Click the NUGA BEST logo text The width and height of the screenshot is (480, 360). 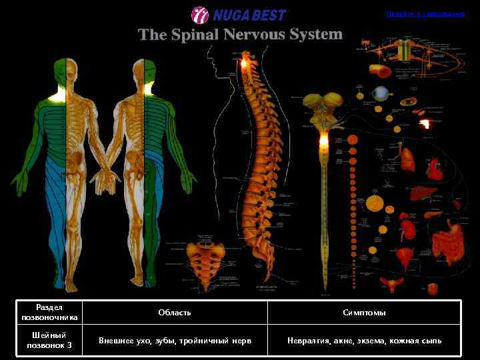coord(249,15)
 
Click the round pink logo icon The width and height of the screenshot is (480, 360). coord(200,15)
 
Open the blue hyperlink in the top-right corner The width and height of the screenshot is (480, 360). coord(425,13)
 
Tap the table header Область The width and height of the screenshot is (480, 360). coord(175,312)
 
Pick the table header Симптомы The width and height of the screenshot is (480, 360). coord(364,312)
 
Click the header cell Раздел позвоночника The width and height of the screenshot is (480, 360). coord(50,312)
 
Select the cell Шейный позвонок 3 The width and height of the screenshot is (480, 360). coord(50,340)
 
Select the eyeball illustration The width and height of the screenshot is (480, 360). coord(380,93)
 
